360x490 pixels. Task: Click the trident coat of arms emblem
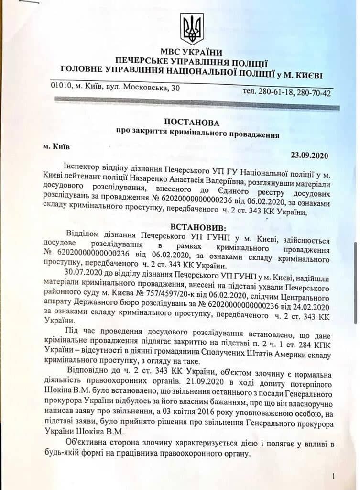[192, 29]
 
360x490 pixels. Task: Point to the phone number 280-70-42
[313, 92]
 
